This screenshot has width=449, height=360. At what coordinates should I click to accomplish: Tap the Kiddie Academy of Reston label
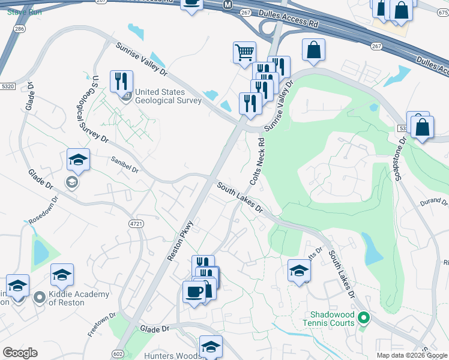(79, 298)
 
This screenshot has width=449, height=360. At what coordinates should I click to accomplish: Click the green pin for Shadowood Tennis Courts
(363, 318)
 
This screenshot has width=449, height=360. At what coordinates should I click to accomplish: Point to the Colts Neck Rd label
(256, 161)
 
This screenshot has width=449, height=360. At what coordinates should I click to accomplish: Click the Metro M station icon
(228, 4)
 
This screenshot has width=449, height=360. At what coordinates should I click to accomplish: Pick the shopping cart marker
(244, 52)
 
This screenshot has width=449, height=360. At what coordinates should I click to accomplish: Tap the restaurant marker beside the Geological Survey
(121, 80)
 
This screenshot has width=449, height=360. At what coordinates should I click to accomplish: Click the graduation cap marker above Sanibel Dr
(78, 160)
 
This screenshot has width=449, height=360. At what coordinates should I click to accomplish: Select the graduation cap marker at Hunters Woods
(211, 346)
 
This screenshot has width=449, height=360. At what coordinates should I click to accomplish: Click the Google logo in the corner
(20, 352)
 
